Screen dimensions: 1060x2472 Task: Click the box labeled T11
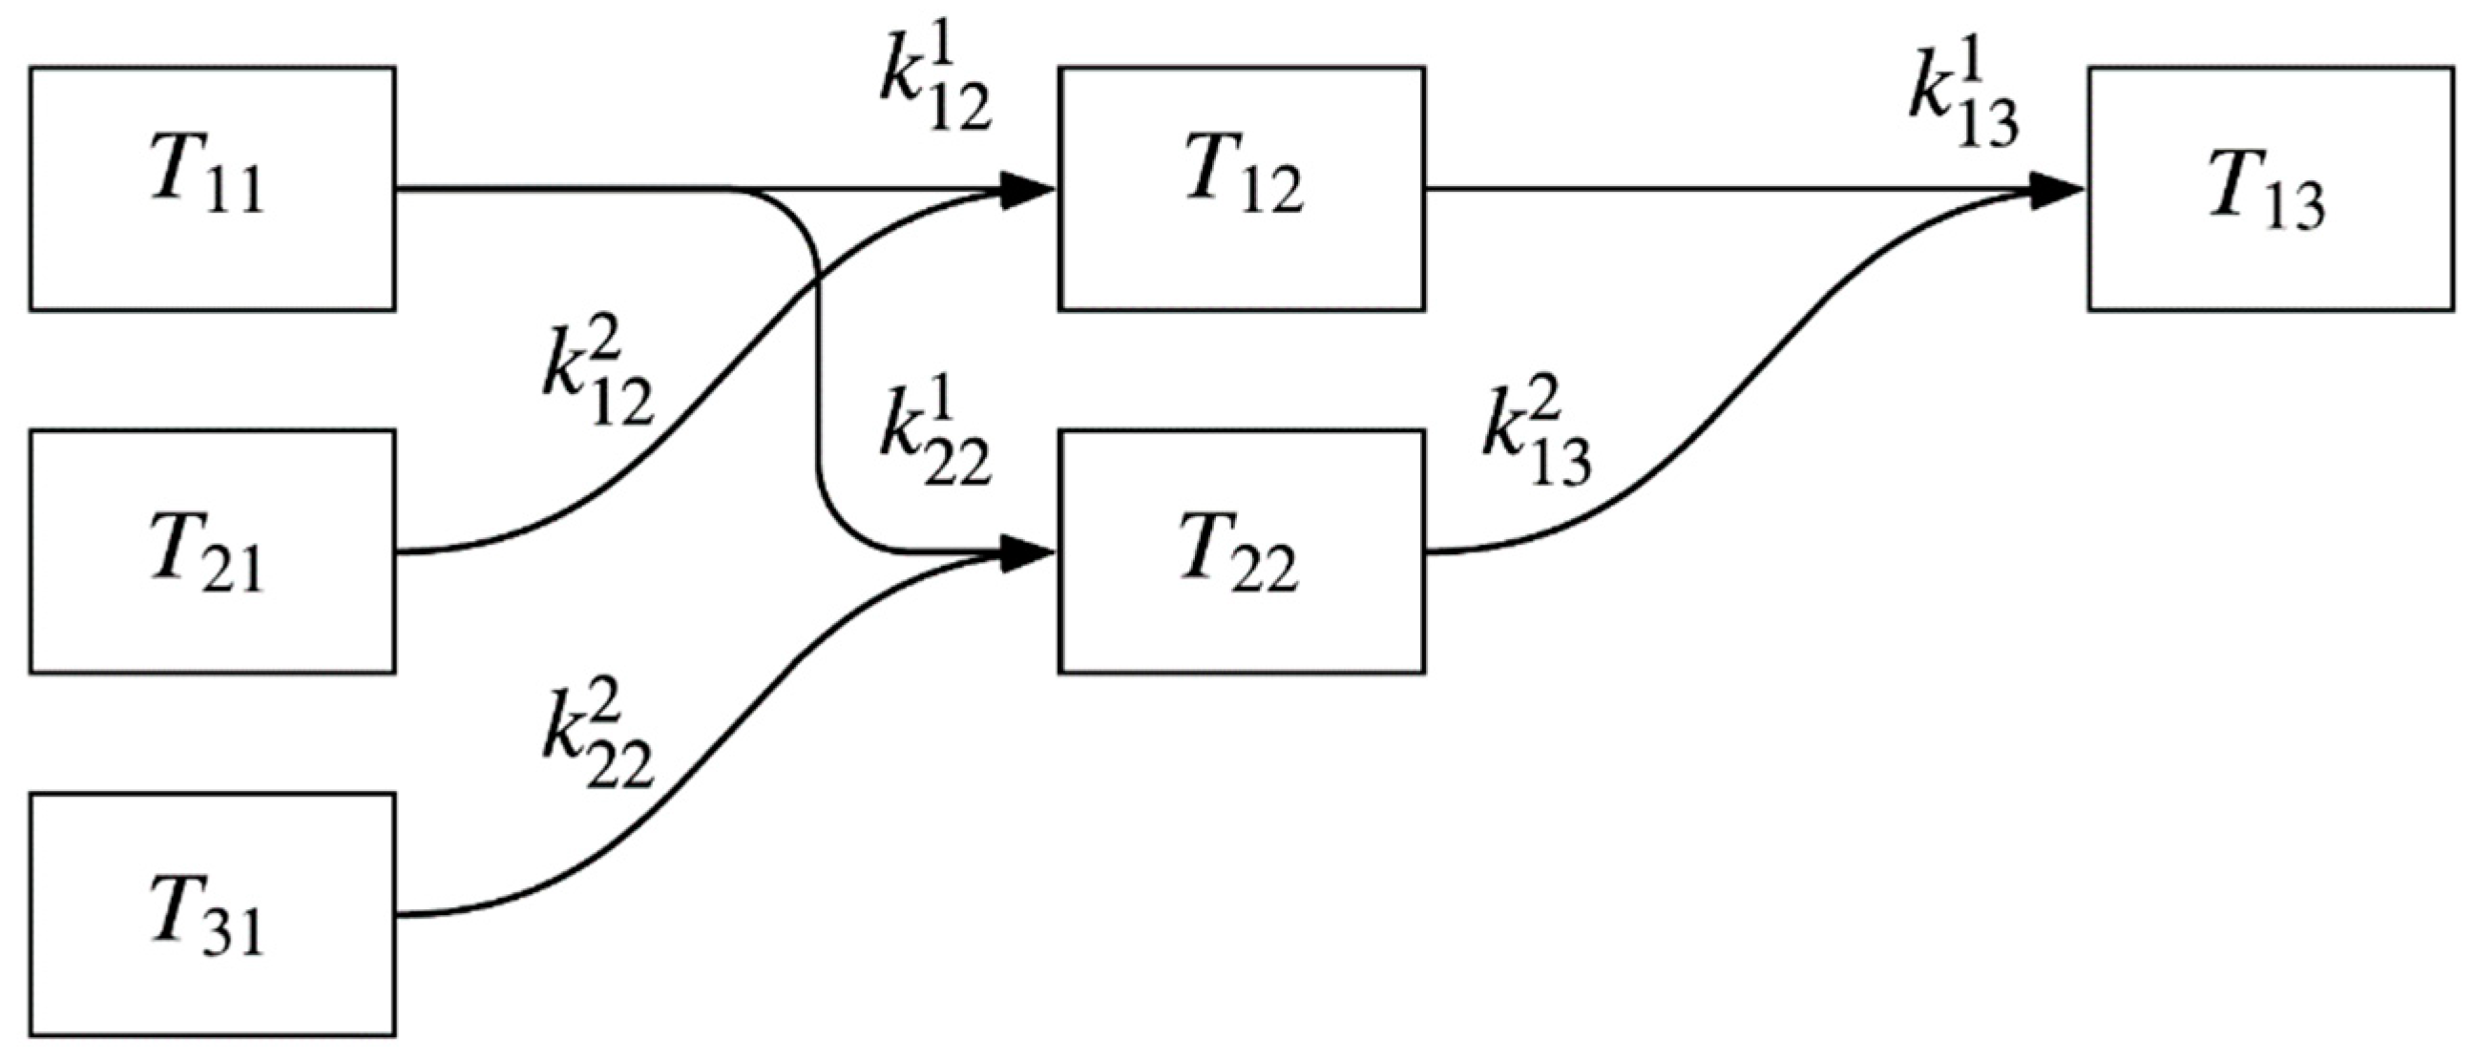(x=212, y=189)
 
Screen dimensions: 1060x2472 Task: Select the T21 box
(x=212, y=551)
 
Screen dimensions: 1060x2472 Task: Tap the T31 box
(x=212, y=914)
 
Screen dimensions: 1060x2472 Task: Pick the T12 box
(x=1241, y=189)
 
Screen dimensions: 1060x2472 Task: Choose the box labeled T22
(x=1241, y=551)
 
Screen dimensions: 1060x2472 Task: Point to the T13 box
(x=2270, y=189)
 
